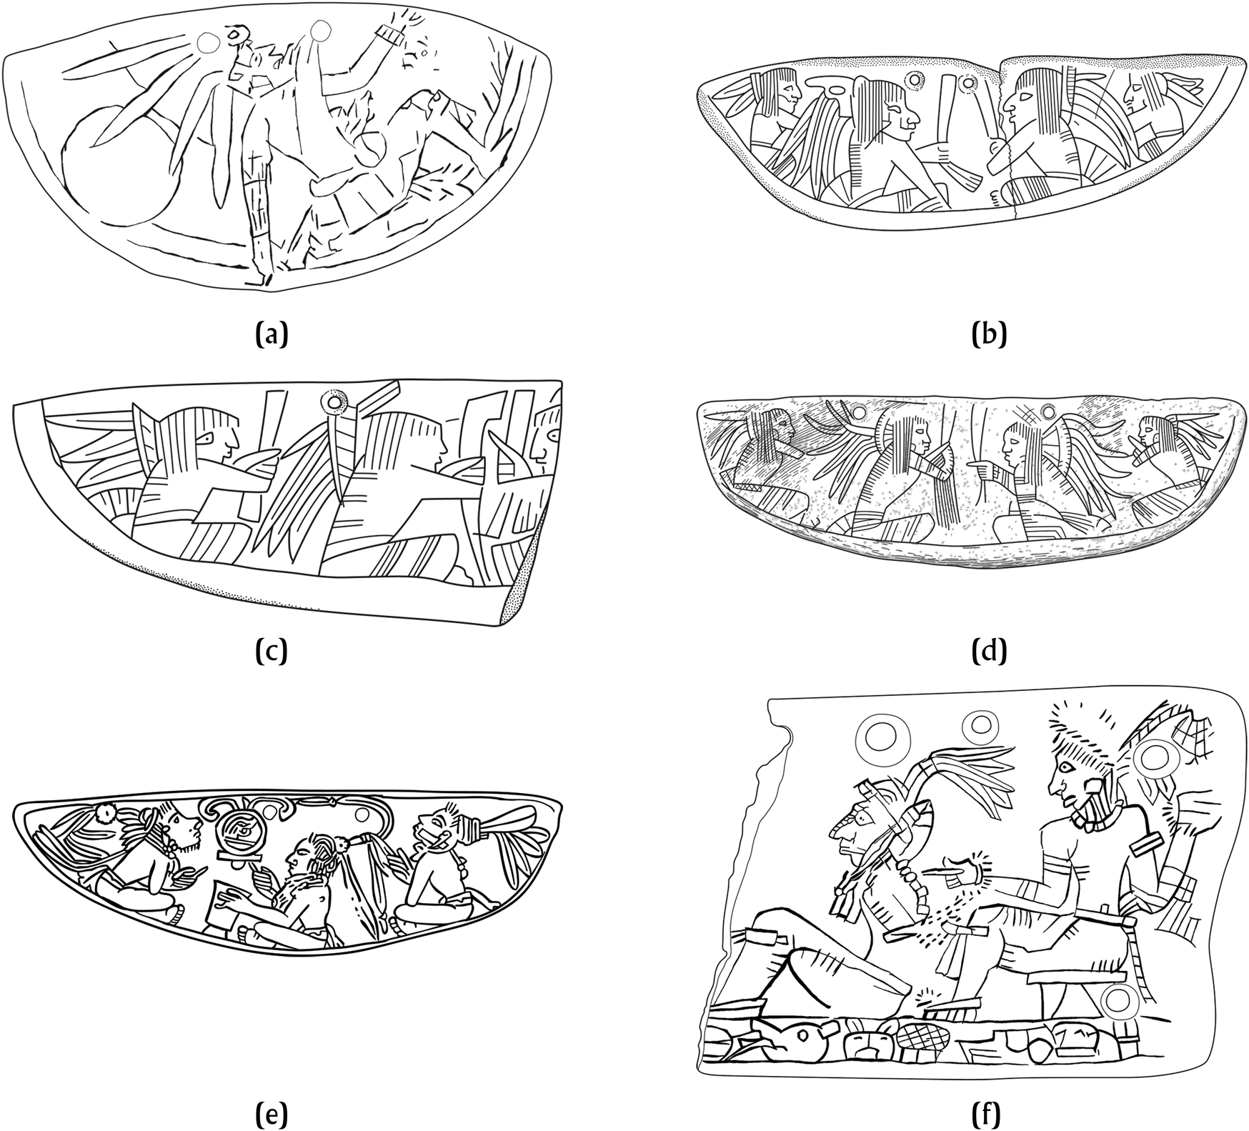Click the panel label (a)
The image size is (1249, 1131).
click(272, 334)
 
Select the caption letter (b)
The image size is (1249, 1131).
click(990, 334)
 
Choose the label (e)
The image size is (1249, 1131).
click(271, 1113)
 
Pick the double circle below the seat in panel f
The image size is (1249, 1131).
click(1118, 1001)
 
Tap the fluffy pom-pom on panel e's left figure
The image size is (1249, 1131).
click(108, 812)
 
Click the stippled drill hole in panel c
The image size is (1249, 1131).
click(332, 402)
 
